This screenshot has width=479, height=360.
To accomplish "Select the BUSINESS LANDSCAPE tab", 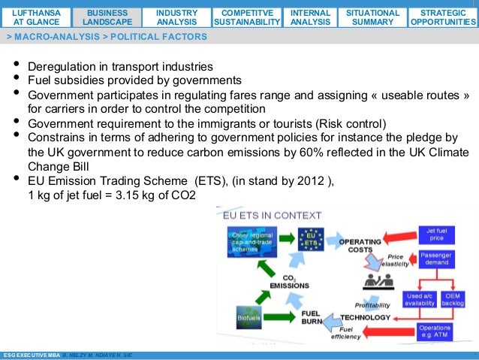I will coord(107,17).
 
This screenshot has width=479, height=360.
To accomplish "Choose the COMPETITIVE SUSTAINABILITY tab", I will coord(246,17).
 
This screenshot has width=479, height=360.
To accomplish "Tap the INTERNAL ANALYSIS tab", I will coord(309,17).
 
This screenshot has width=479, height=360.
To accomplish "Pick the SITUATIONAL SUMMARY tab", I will coord(372,17).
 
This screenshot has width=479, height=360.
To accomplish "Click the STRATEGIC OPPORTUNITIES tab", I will coord(442,17).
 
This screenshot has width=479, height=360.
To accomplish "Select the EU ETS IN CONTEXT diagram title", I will coord(273,216).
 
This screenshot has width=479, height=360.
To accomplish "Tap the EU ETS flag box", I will coord(309,239).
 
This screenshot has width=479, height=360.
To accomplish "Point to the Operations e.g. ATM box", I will coord(435,331).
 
